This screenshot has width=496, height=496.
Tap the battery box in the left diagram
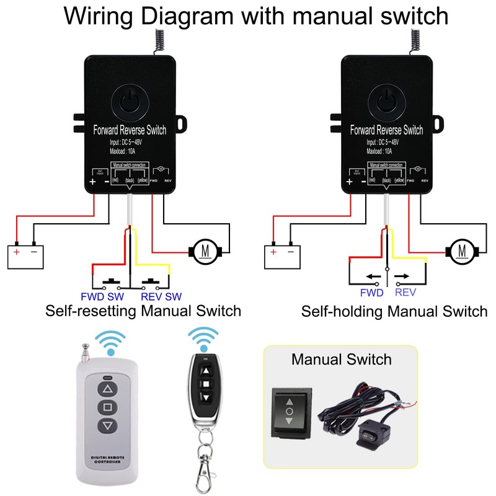point(25,255)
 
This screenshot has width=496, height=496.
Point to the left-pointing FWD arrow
point(374,277)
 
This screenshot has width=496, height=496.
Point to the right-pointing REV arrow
point(402,277)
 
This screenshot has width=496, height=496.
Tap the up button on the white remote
point(108,389)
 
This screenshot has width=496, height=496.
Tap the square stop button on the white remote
point(108,407)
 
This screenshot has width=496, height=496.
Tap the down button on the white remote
point(108,425)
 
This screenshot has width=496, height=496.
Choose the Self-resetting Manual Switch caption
point(143,310)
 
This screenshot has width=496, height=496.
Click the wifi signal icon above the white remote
point(110,342)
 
